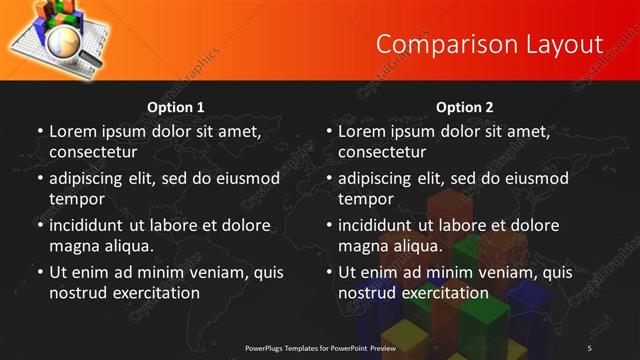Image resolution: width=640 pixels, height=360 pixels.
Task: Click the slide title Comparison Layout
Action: click(x=489, y=44)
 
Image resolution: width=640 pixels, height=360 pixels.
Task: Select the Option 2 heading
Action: click(x=465, y=106)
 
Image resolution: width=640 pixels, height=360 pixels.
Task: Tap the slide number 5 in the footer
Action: click(x=590, y=347)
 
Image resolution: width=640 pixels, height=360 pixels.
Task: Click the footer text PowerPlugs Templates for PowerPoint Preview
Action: click(x=320, y=347)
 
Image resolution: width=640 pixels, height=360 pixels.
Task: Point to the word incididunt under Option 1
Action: click(x=90, y=225)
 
